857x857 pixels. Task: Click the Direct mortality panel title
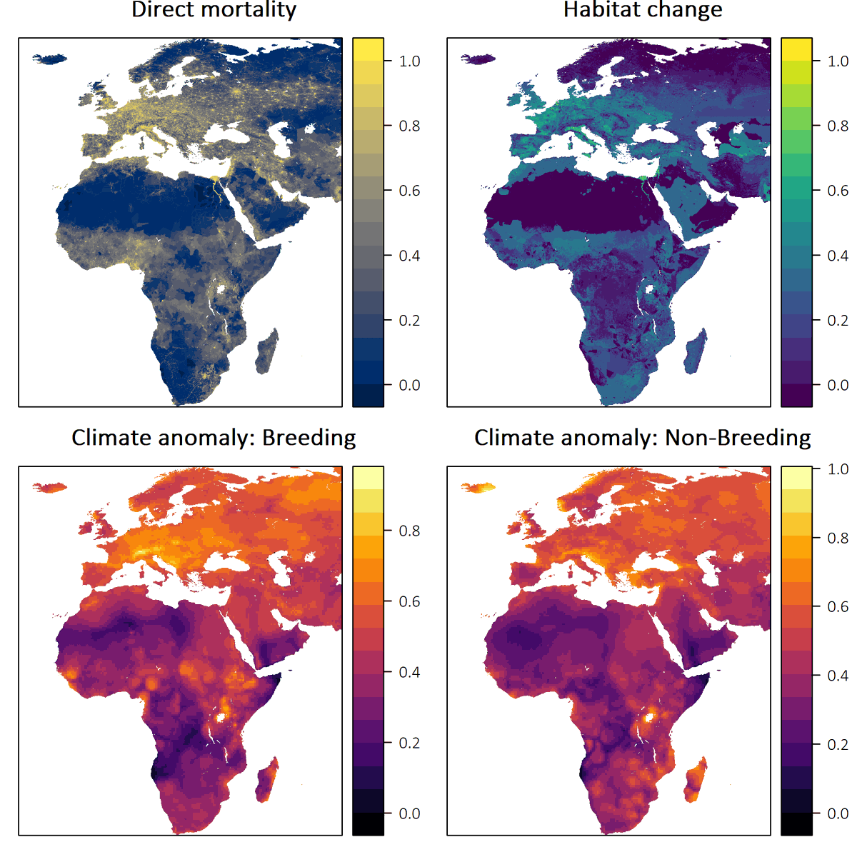[214, 10]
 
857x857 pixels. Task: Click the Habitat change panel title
[642, 10]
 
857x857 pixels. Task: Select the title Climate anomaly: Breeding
[214, 437]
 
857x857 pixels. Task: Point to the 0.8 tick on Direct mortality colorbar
[409, 126]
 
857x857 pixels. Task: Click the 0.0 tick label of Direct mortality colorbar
[409, 385]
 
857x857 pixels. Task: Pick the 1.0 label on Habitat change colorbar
[838, 61]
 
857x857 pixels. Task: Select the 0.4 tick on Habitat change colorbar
[838, 256]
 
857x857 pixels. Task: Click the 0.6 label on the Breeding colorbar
[409, 601]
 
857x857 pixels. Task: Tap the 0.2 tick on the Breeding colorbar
[409, 743]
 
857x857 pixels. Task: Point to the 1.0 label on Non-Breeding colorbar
[838, 469]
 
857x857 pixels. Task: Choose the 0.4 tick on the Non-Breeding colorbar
[838, 676]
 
